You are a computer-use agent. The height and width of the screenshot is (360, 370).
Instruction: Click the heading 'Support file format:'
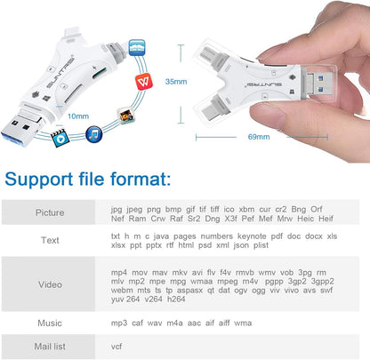(86, 180)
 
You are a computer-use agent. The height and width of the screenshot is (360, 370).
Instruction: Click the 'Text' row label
(50, 240)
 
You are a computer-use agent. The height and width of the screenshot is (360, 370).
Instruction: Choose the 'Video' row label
(50, 286)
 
